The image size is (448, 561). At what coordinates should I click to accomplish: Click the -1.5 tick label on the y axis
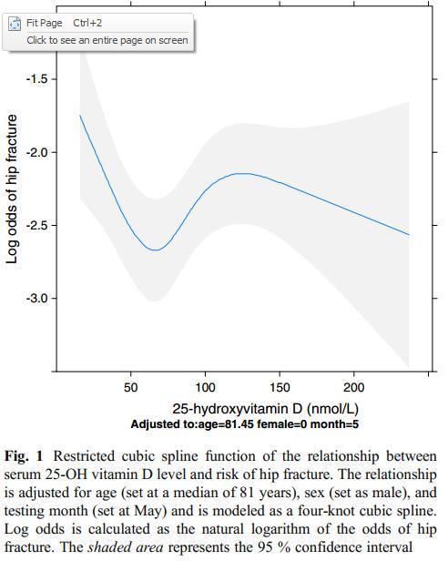click(37, 78)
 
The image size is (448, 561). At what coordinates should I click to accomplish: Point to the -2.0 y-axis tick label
click(37, 152)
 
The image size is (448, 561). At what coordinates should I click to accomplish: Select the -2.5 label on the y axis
click(37, 226)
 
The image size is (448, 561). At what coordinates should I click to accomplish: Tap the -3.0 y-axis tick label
click(37, 298)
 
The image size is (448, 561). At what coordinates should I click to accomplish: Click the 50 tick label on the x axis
click(130, 387)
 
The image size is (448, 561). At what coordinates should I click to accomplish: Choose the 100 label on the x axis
click(205, 387)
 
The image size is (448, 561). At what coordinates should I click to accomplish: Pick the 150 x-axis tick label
click(280, 387)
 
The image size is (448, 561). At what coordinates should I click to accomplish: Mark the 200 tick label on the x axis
click(354, 387)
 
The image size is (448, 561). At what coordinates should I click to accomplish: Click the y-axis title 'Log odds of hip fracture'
click(12, 189)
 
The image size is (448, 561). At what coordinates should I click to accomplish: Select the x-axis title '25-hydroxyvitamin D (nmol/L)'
click(266, 409)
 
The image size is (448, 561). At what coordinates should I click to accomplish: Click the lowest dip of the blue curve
click(156, 250)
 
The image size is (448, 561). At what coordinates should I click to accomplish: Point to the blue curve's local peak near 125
click(245, 174)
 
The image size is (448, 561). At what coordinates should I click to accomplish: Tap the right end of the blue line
click(409, 235)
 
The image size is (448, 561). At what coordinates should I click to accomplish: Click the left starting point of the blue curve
click(80, 115)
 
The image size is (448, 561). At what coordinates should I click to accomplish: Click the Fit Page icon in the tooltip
click(15, 24)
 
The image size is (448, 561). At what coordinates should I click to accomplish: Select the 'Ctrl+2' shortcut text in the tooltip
click(87, 24)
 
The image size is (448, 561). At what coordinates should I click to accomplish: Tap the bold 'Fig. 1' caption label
click(24, 456)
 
